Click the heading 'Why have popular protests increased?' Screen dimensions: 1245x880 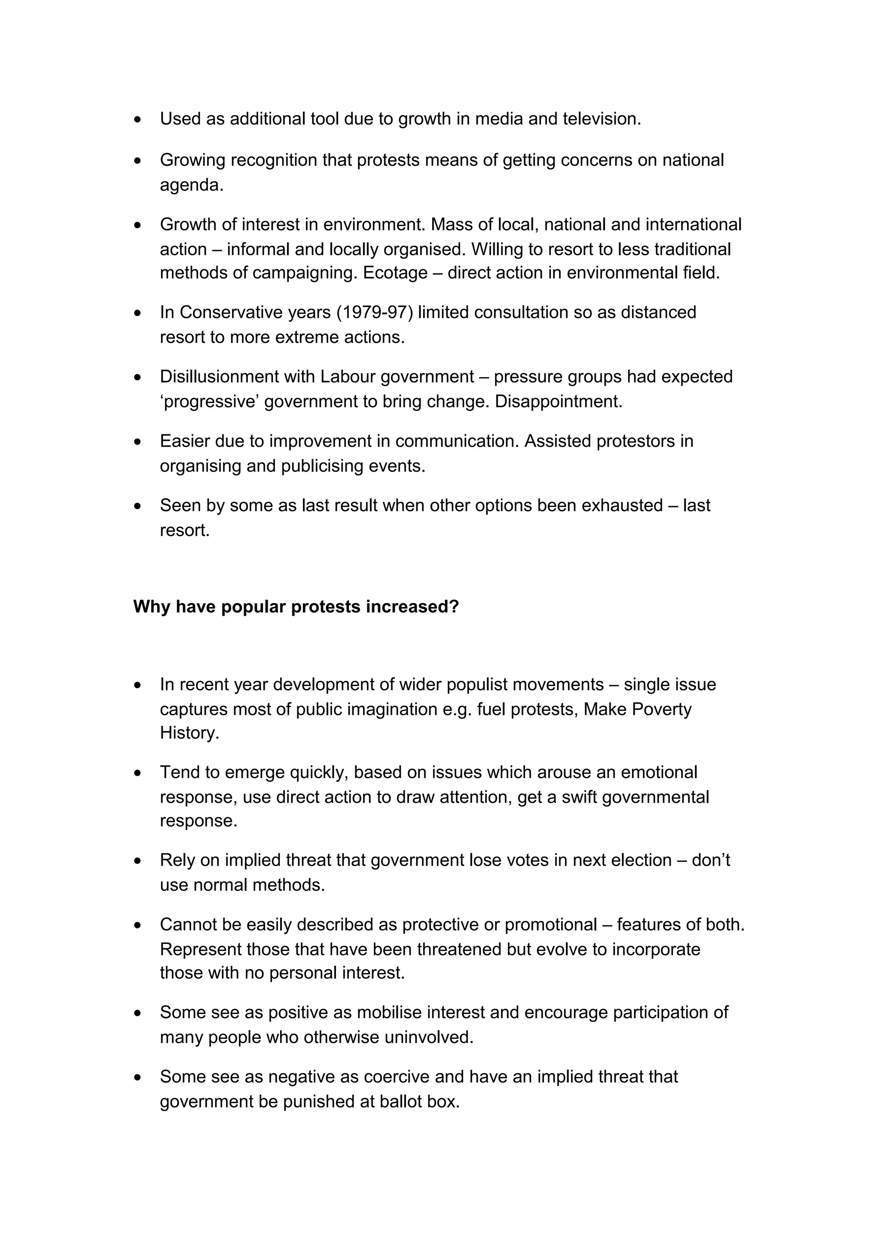[x=296, y=606]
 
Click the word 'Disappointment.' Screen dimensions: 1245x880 [x=559, y=401]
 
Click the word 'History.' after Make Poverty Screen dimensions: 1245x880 [x=189, y=733]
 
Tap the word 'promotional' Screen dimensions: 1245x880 [x=550, y=925]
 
